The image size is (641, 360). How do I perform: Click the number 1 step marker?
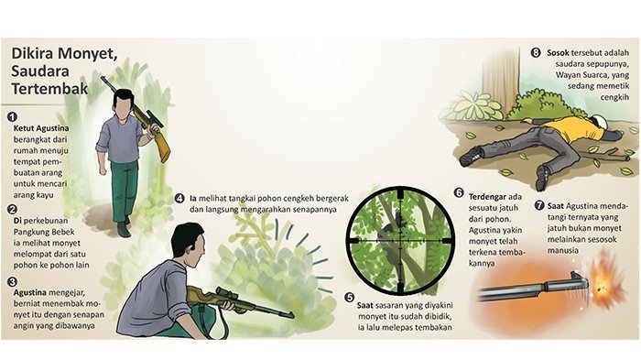click(12, 117)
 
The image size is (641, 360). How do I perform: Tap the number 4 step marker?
click(179, 199)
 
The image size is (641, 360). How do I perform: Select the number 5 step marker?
click(349, 298)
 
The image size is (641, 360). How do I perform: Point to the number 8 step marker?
click(536, 53)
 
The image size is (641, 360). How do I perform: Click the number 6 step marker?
click(459, 193)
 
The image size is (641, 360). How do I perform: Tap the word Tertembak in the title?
click(49, 88)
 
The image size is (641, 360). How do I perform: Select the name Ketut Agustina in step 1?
click(41, 128)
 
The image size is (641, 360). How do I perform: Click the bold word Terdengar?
click(487, 197)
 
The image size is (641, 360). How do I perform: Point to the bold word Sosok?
click(558, 53)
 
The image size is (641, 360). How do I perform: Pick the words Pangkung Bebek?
click(44, 232)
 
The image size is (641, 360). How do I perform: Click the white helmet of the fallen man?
click(601, 122)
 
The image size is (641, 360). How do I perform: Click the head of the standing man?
click(123, 104)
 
